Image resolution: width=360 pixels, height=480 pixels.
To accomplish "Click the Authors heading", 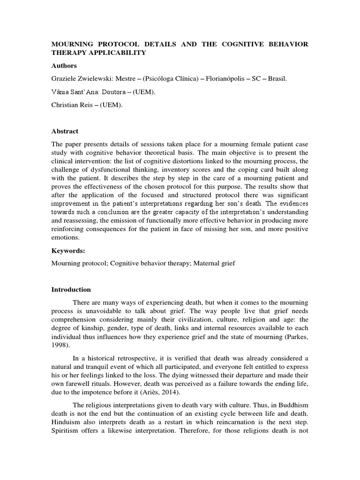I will [64, 66].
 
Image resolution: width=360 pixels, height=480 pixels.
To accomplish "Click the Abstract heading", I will [65, 131].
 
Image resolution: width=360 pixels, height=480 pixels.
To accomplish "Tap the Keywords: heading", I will [67, 251].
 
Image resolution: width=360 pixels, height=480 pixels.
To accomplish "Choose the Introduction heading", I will [71, 290].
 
